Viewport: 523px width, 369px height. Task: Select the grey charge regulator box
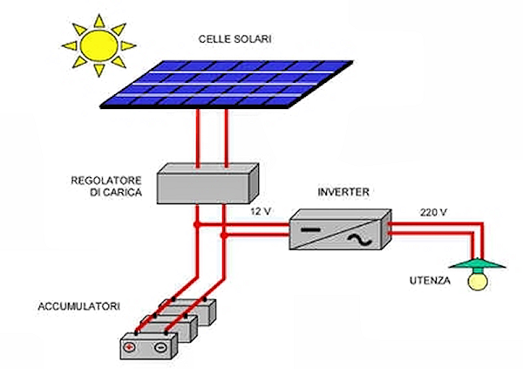pos(207,183)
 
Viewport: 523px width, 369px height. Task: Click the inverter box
pos(339,229)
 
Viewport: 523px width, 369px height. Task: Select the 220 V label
pos(432,212)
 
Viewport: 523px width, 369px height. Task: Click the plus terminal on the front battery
pos(131,346)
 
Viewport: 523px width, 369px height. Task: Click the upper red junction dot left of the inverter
pos(196,225)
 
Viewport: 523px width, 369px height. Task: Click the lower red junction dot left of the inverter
pos(224,235)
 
